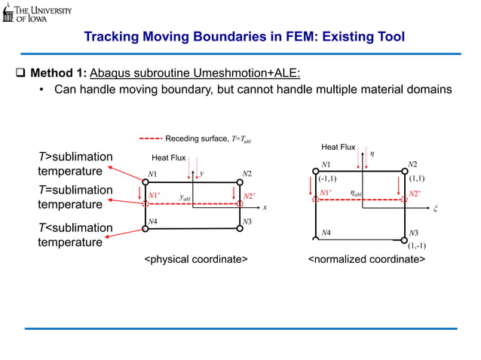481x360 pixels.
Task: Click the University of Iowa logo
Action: pyautogui.click(x=37, y=13)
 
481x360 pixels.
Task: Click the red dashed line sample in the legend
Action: pyautogui.click(x=151, y=139)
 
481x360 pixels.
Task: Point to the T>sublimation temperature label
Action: pyautogui.click(x=75, y=163)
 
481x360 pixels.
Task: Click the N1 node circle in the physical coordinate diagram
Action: pyautogui.click(x=146, y=182)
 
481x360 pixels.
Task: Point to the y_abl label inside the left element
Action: pyautogui.click(x=185, y=197)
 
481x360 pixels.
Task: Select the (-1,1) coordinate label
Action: pyautogui.click(x=327, y=179)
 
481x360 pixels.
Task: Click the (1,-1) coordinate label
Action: pyautogui.click(x=417, y=246)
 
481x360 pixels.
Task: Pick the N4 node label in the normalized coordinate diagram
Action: pyautogui.click(x=325, y=233)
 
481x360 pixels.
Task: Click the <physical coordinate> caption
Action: pyautogui.click(x=196, y=260)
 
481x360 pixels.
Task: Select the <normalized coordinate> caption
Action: pyautogui.click(x=366, y=260)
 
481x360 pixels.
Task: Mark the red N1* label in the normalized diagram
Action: pyautogui.click(x=326, y=193)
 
